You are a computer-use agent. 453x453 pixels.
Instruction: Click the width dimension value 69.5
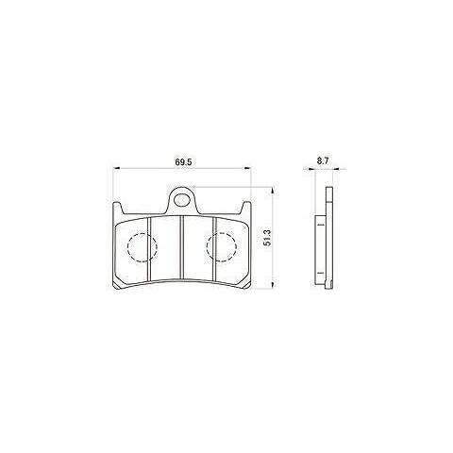pos(183,162)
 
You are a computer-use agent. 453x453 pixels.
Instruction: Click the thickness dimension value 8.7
pos(323,161)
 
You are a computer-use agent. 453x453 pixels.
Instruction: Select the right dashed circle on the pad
pos(222,247)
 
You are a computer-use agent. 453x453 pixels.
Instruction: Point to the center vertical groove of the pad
pos(181,249)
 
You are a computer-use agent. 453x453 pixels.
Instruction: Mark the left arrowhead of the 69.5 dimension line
pos(116,170)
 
